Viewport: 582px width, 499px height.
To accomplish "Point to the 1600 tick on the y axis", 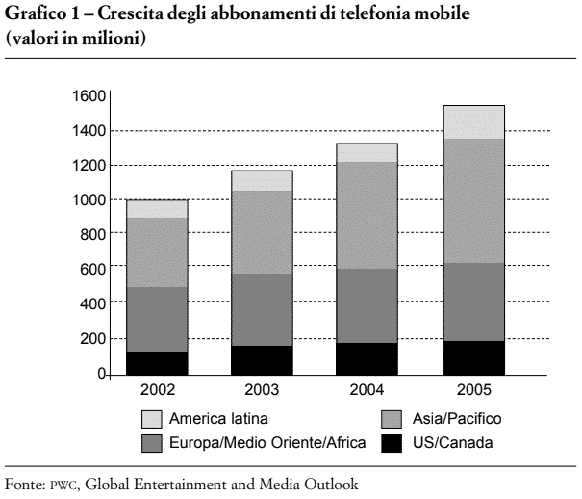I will pyautogui.click(x=89, y=95).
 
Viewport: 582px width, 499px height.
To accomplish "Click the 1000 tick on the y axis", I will pyautogui.click(x=89, y=200).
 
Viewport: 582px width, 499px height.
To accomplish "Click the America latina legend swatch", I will pyautogui.click(x=152, y=419).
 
